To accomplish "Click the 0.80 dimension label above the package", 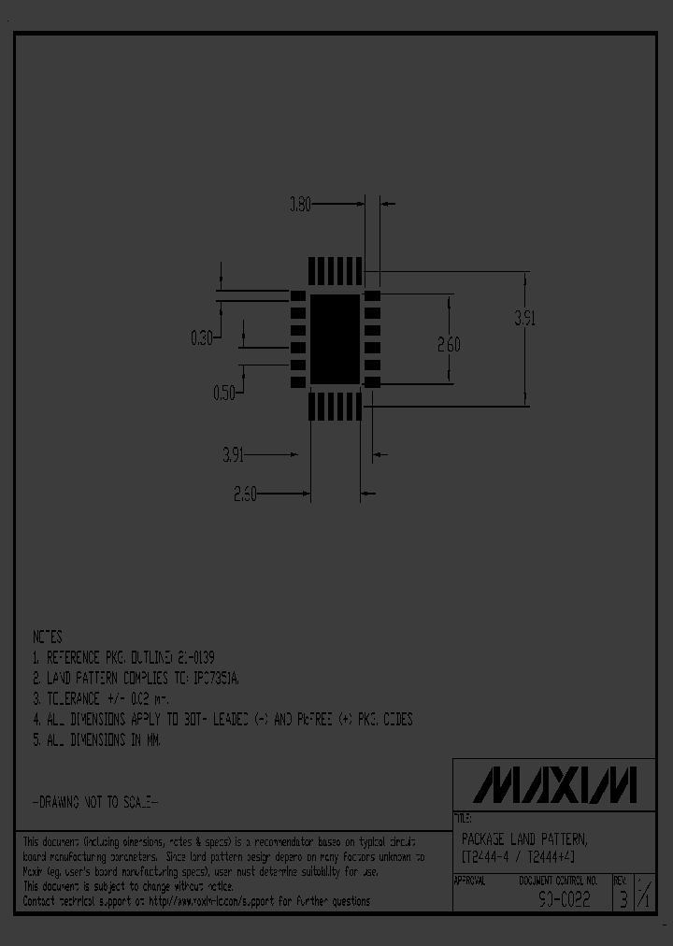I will (x=300, y=203).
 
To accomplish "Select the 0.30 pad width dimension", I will (x=202, y=338).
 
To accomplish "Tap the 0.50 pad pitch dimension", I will (x=224, y=394).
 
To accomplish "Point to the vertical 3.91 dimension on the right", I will (x=524, y=318).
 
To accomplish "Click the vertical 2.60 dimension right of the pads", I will (x=450, y=344).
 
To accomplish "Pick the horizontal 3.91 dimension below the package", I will (x=234, y=455).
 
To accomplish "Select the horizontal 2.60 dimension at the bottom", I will (x=245, y=493).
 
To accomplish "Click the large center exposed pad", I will (x=335, y=339).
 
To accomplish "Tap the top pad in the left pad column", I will (x=298, y=296).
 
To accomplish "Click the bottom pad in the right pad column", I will (x=372, y=381).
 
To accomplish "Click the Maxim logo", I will (x=554, y=785).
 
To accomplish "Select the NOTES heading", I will (x=47, y=637).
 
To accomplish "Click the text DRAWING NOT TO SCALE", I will (x=95, y=802).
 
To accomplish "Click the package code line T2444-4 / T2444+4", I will (x=518, y=857).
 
